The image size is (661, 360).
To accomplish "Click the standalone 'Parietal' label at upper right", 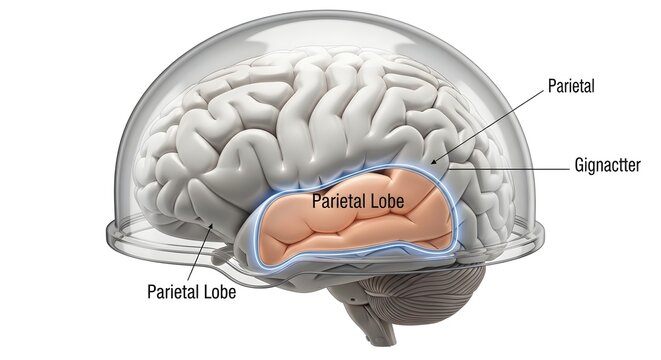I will pyautogui.click(x=571, y=87).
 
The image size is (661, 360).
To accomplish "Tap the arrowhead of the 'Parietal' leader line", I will pyautogui.click(x=433, y=162).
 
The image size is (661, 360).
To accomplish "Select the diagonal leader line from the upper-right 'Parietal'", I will pyautogui.click(x=490, y=124).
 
